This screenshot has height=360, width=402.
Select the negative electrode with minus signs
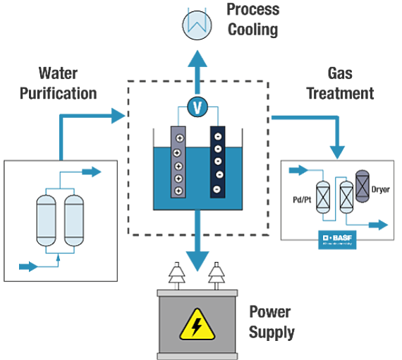[x=219, y=163]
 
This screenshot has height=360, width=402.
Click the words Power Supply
[x=272, y=322]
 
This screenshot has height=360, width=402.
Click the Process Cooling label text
[x=252, y=20]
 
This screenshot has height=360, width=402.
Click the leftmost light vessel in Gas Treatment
[x=324, y=196]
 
